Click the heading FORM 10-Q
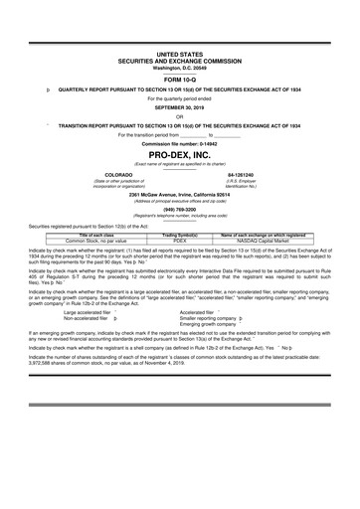point(179,81)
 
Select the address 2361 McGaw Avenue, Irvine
point(179,194)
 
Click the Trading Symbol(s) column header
point(180,235)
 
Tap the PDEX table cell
point(180,241)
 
